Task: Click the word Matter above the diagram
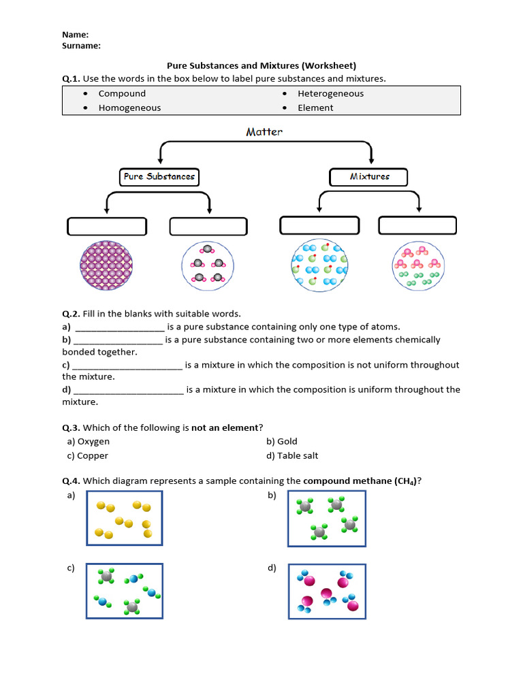pyautogui.click(x=264, y=132)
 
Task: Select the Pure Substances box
pyautogui.click(x=159, y=177)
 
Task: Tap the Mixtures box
pyautogui.click(x=369, y=177)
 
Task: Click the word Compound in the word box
pyautogui.click(x=122, y=94)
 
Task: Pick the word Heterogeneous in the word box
pyautogui.click(x=330, y=94)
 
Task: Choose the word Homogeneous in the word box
pyautogui.click(x=129, y=108)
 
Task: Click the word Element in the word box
pyautogui.click(x=315, y=108)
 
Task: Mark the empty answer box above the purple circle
pyautogui.click(x=107, y=226)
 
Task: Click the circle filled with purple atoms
pyautogui.click(x=107, y=265)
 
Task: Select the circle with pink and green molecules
pyautogui.click(x=417, y=265)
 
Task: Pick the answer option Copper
pyautogui.click(x=93, y=455)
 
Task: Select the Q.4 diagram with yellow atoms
pyautogui.click(x=125, y=518)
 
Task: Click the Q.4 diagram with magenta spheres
pyautogui.click(x=327, y=591)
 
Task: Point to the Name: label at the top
pyautogui.click(x=75, y=35)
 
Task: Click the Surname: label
pyautogui.click(x=81, y=46)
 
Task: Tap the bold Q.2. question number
pyautogui.click(x=71, y=314)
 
